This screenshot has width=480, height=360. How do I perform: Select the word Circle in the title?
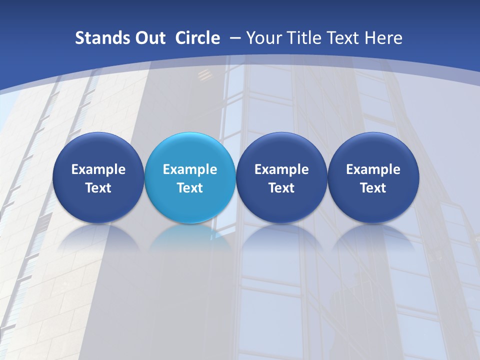[x=197, y=38]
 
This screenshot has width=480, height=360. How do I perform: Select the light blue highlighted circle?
[x=190, y=177]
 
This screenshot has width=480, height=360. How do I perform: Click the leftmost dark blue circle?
[x=98, y=177]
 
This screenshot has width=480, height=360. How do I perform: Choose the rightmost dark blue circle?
[x=373, y=177]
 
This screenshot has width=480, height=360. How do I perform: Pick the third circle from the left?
[x=281, y=177]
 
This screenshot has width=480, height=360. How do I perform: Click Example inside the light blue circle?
[x=190, y=169]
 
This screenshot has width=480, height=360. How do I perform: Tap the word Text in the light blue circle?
[x=190, y=188]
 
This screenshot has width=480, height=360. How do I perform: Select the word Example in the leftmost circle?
[x=98, y=169]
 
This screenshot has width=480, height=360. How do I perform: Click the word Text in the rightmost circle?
[x=373, y=188]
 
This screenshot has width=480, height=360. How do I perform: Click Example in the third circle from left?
[x=281, y=169]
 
